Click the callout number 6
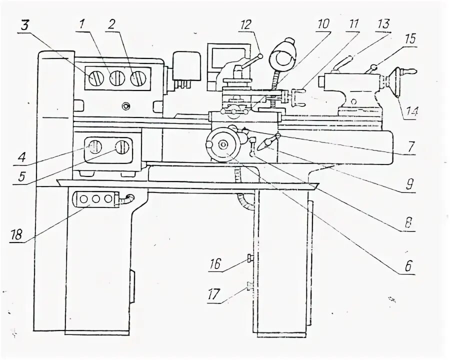click(x=408, y=266)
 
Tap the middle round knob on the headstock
click(x=116, y=78)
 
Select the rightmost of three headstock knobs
click(x=138, y=78)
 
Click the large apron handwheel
click(x=222, y=144)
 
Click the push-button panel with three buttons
click(x=95, y=199)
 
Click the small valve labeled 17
click(x=248, y=286)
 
